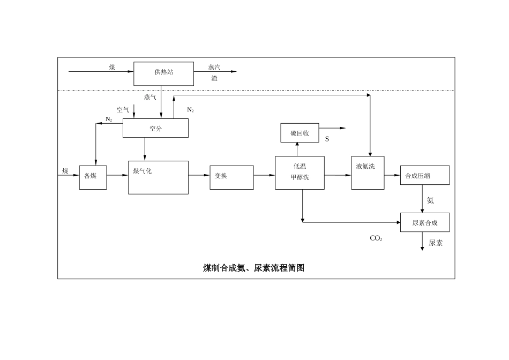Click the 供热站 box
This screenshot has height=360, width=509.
coord(163,73)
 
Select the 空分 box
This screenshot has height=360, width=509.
coord(155,128)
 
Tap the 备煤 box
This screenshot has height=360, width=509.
coord(93,177)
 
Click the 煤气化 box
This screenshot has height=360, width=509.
coord(158,177)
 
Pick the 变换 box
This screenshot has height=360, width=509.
coord(231,177)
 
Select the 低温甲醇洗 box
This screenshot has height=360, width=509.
coord(300,172)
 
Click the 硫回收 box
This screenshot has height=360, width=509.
coord(300,133)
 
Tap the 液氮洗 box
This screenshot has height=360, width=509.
coord(368,172)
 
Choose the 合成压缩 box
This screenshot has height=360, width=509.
coord(424,175)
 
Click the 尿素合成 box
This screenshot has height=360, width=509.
coord(424,222)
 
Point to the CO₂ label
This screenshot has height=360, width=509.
coord(376,238)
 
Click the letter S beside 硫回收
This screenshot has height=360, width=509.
coord(327,139)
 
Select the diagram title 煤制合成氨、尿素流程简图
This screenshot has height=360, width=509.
coord(253,268)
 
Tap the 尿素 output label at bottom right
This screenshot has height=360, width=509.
coord(436,243)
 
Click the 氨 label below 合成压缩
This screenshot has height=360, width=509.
coord(430,200)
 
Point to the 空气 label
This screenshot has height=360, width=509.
coord(123,110)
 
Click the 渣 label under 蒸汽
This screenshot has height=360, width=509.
coord(214,78)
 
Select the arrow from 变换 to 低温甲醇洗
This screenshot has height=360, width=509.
coord(264,175)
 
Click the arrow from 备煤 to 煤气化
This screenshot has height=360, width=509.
coord(117,175)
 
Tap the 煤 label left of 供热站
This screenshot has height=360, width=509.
coord(112,67)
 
